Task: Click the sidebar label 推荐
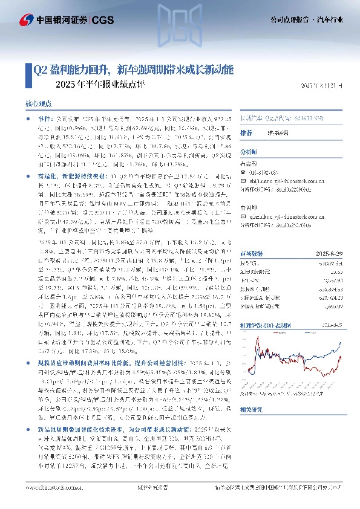(x=246, y=132)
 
